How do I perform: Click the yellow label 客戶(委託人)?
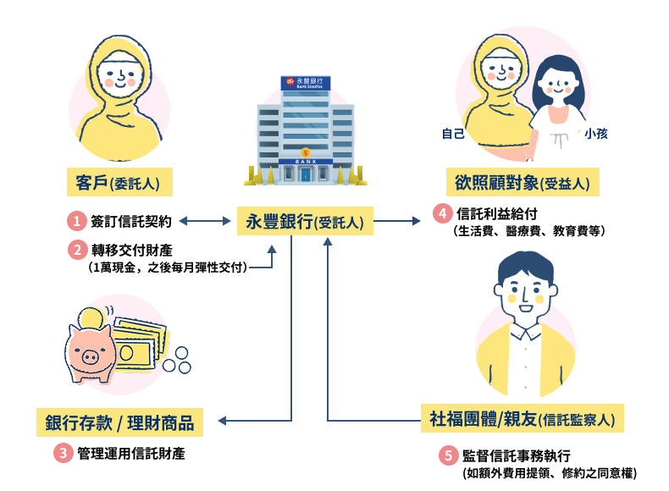119,181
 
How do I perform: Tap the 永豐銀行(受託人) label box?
302,222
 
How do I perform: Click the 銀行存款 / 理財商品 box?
120,421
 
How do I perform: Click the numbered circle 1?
77,222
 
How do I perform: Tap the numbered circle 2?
77,250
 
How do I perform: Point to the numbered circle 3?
64,453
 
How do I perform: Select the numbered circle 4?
441,212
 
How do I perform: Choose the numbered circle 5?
447,455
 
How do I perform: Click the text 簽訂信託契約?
131,222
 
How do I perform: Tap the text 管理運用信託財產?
131,453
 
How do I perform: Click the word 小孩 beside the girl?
595,133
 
